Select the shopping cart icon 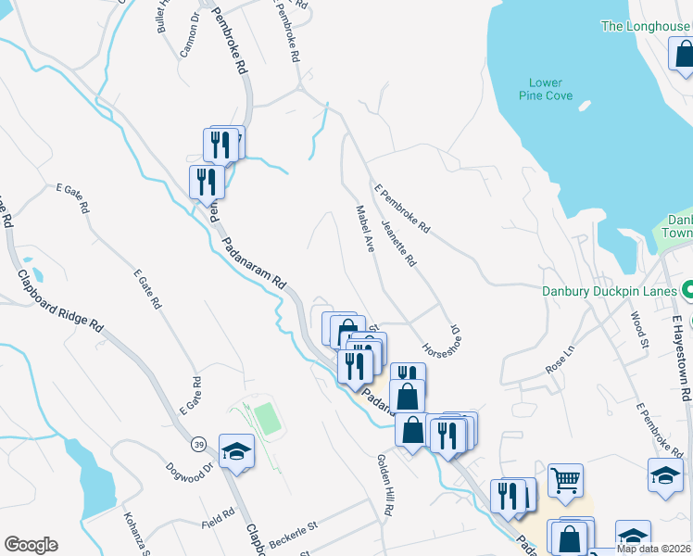click(x=565, y=480)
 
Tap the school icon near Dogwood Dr click(x=236, y=451)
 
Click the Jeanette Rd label click(x=399, y=242)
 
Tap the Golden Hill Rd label click(x=386, y=485)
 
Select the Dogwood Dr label click(x=190, y=467)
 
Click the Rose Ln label click(x=561, y=360)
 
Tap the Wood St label click(x=640, y=331)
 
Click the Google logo click(x=31, y=545)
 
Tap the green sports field click(x=268, y=419)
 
